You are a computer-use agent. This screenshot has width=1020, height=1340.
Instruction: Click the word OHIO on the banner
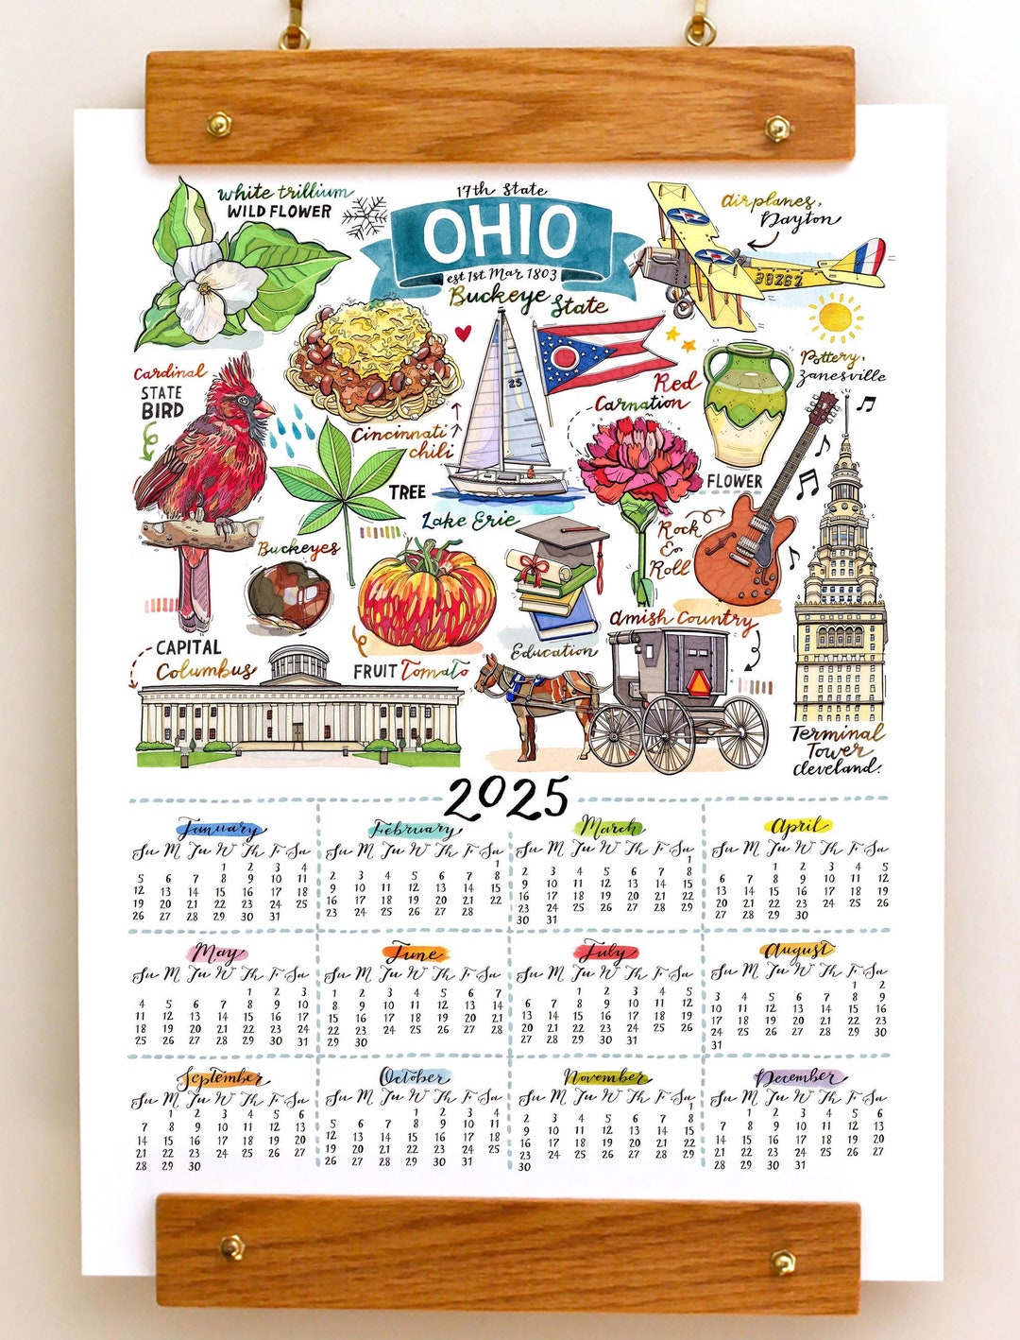click(500, 233)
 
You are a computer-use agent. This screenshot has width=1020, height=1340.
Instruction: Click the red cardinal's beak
click(265, 408)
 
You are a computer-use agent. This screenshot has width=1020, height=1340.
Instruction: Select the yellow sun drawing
click(835, 318)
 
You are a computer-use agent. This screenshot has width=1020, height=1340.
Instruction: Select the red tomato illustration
click(426, 595)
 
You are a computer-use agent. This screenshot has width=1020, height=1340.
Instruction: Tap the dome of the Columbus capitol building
click(299, 664)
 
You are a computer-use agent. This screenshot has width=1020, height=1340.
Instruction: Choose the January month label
click(219, 831)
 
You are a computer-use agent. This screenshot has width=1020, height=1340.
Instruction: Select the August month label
click(798, 950)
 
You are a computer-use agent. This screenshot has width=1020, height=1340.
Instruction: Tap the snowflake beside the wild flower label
click(365, 217)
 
